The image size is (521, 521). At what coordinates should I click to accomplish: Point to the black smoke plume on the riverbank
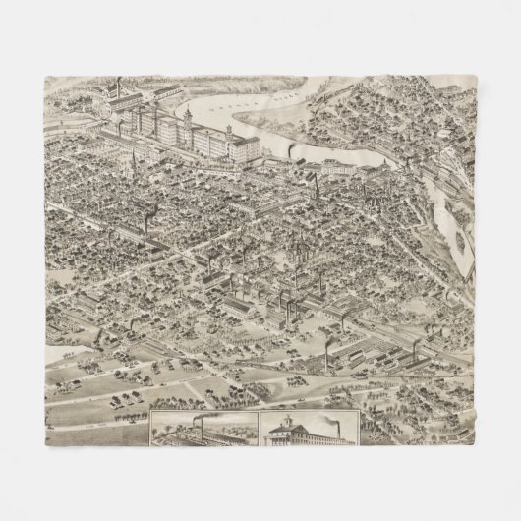(x=295, y=149)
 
